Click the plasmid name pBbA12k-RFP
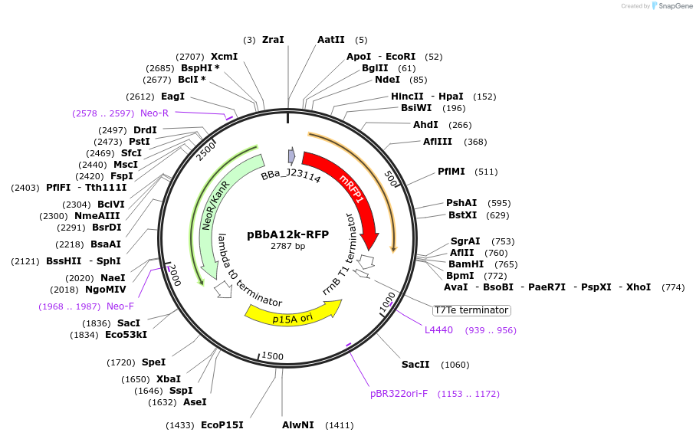(x=287, y=234)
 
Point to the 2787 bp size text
(x=287, y=246)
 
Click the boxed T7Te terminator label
(x=471, y=310)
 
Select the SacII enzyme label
(x=415, y=365)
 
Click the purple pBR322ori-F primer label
(x=399, y=394)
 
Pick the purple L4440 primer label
(x=438, y=330)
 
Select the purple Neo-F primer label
(x=120, y=306)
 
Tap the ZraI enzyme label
(x=273, y=40)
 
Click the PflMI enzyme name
(x=451, y=172)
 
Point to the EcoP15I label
(x=222, y=424)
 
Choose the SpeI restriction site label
(x=153, y=362)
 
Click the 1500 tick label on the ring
(x=273, y=356)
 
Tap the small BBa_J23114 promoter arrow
(x=291, y=156)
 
